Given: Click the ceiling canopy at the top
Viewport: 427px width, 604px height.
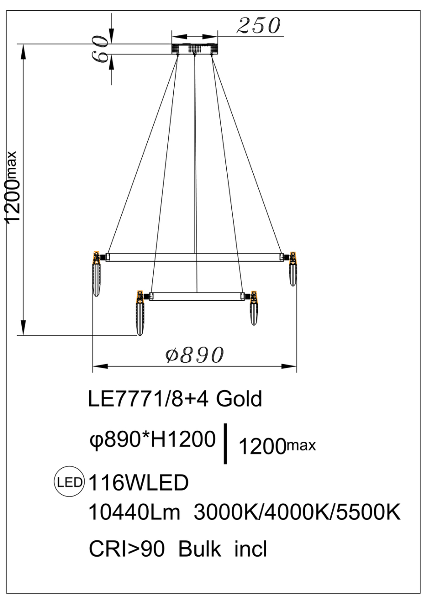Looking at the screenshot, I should pyautogui.click(x=195, y=49).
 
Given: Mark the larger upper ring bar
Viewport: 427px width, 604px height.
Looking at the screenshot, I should pyautogui.click(x=194, y=257).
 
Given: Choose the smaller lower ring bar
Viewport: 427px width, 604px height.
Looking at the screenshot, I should pyautogui.click(x=196, y=296).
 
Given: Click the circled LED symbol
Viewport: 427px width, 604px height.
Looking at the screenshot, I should pyautogui.click(x=69, y=482).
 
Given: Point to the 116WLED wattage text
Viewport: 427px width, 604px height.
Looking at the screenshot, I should pyautogui.click(x=138, y=483).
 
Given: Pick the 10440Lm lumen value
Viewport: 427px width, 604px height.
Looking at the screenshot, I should pyautogui.click(x=134, y=513).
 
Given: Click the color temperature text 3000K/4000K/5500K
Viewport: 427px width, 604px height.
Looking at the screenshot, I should pyautogui.click(x=296, y=513).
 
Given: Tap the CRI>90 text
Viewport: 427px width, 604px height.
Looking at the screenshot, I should pyautogui.click(x=126, y=549).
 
